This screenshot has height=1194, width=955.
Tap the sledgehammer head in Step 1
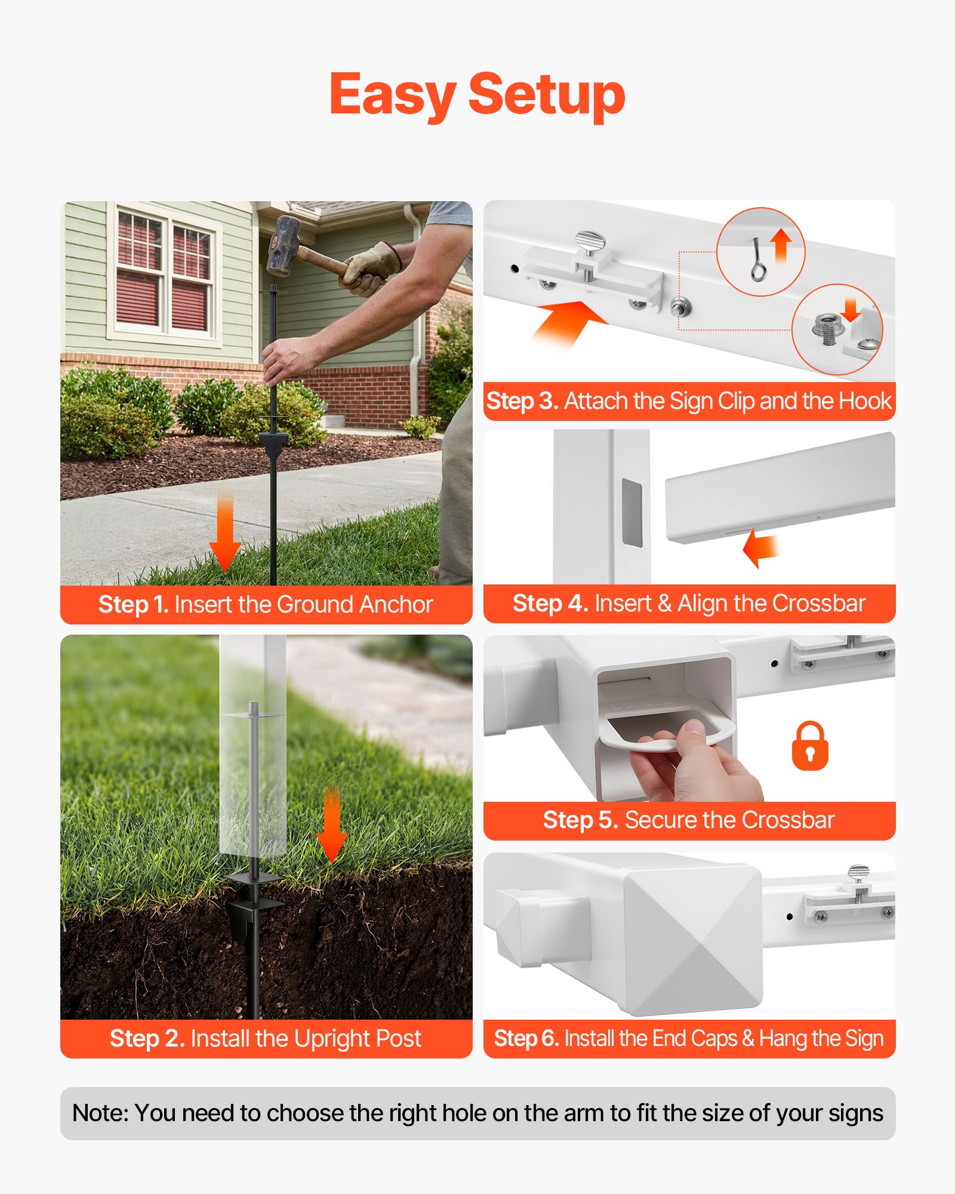[x=284, y=245]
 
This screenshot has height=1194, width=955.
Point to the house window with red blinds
[x=165, y=274]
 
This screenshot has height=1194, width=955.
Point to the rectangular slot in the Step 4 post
[x=632, y=512]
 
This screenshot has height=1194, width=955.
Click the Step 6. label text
[x=526, y=1039]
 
